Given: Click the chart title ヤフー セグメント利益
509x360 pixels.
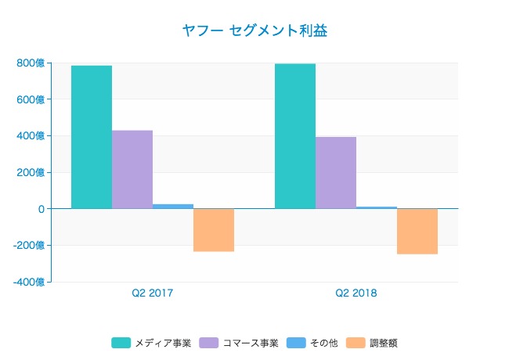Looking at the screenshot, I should [254, 31].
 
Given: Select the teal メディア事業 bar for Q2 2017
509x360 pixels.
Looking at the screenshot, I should [92, 137].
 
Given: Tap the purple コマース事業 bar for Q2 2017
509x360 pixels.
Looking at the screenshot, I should [132, 169].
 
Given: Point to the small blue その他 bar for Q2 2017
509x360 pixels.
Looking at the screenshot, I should [173, 207].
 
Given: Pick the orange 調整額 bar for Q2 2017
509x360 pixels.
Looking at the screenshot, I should [214, 230].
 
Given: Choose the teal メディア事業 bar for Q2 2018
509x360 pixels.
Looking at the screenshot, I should [295, 136].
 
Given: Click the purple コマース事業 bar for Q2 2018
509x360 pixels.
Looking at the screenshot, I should [336, 173].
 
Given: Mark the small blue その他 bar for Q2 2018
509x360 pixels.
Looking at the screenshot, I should [377, 207].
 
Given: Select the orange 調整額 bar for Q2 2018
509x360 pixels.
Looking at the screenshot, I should [417, 232].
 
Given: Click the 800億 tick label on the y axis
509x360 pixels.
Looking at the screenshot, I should [30, 63].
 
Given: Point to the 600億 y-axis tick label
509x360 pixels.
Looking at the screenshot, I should [30, 99].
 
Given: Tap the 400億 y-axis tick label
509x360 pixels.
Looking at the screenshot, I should [30, 136].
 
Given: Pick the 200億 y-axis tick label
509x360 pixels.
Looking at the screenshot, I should [30, 172].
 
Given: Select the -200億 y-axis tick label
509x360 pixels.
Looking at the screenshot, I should [28, 245].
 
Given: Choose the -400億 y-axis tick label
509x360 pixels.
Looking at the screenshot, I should [28, 282].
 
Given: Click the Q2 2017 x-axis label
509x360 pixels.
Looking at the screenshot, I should [153, 293].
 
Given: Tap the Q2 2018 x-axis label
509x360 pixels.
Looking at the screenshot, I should [356, 293].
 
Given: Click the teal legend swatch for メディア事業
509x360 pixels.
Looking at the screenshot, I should [121, 343].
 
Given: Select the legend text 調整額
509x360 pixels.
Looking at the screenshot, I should [384, 343].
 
